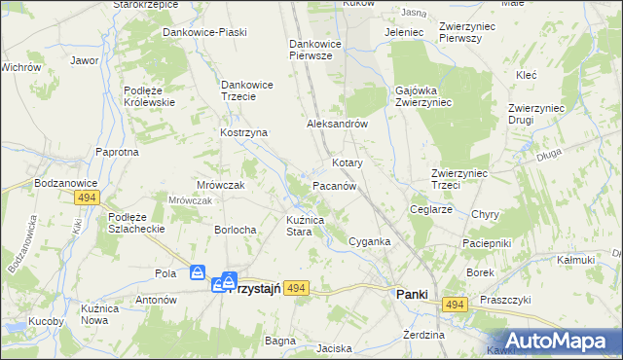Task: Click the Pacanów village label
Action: (x=339, y=184)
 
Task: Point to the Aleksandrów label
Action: (x=336, y=125)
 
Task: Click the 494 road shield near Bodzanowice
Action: (x=88, y=198)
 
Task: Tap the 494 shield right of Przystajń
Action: (x=298, y=287)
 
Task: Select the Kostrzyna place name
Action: (x=244, y=132)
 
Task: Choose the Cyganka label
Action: (x=370, y=241)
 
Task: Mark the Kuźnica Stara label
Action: (x=311, y=227)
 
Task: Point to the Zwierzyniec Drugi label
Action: (x=535, y=114)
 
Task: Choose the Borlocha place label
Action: (x=235, y=230)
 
